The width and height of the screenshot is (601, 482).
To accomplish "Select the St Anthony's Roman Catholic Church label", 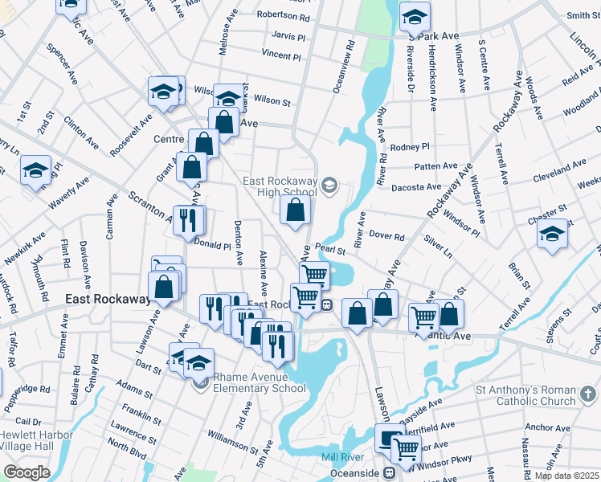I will (527, 394).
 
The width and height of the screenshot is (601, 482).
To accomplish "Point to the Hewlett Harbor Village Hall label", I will (36, 440).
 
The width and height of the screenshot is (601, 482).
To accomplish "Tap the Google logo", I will (26, 472).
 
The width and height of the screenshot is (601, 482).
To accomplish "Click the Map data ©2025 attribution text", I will (567, 476).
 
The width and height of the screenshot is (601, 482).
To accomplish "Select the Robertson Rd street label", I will (283, 16).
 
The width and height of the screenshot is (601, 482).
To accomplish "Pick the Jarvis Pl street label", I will (288, 36).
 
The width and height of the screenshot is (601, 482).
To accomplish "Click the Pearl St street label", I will (329, 251).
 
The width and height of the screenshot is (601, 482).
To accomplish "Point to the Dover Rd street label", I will (386, 237).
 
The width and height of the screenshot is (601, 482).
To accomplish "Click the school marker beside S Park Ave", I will (415, 16).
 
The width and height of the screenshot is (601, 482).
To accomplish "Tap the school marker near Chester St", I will (552, 234).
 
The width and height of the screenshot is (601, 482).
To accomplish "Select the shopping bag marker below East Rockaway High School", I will (296, 210).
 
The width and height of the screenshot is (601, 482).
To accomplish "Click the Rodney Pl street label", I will (410, 147).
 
